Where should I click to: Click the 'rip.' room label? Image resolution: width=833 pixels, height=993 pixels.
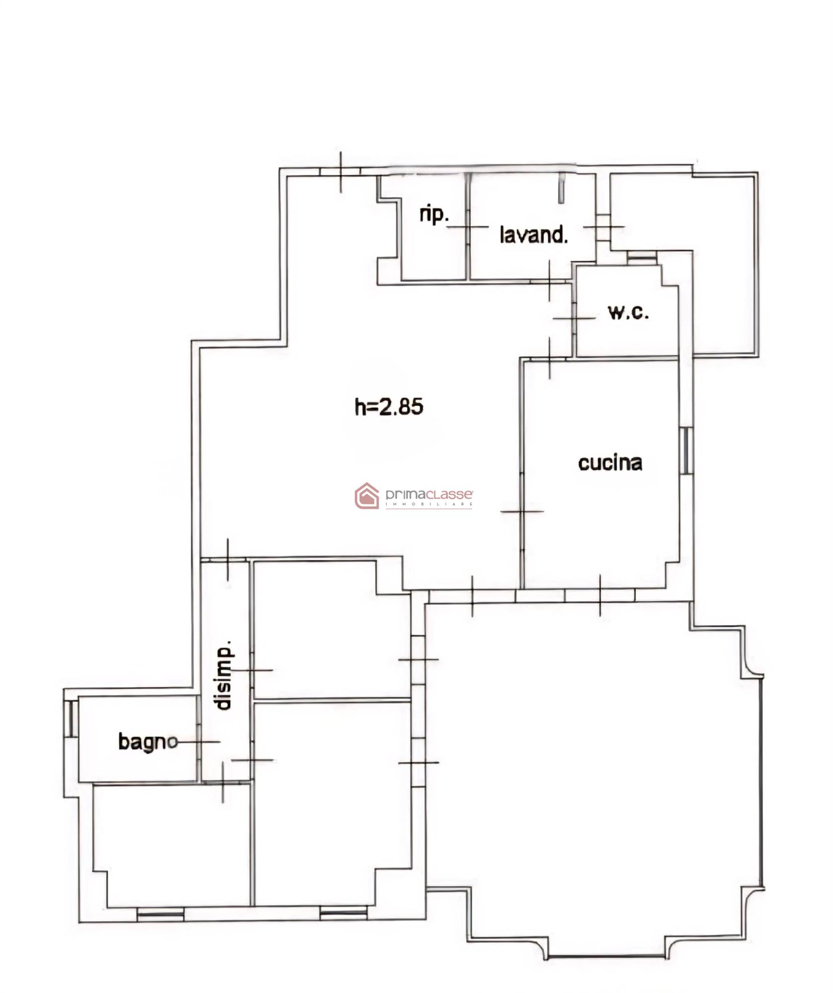434,215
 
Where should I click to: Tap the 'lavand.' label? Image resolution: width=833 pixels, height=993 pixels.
534,235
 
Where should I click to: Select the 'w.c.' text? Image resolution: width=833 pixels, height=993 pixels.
628,312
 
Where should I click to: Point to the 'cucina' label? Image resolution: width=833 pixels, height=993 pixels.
610,463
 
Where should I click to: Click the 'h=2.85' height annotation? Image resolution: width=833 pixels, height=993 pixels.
389,407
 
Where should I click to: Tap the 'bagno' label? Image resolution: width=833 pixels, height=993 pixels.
148,742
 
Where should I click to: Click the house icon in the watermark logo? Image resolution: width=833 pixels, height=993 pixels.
367,496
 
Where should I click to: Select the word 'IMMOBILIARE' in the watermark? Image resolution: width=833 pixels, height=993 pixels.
429,504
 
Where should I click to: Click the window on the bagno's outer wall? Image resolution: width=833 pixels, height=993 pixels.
71,718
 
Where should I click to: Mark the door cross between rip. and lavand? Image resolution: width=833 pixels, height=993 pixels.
468,226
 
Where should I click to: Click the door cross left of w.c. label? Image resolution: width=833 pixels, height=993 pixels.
574,318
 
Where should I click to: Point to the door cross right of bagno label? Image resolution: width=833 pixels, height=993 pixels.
199,742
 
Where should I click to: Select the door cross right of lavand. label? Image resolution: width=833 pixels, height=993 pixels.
604,227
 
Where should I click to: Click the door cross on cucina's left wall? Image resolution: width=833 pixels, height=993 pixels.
522,511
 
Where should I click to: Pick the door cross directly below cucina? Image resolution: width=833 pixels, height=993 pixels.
600,595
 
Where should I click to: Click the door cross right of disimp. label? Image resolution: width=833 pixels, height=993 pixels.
252,670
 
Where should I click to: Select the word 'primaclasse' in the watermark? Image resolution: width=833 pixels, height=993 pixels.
429,495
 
